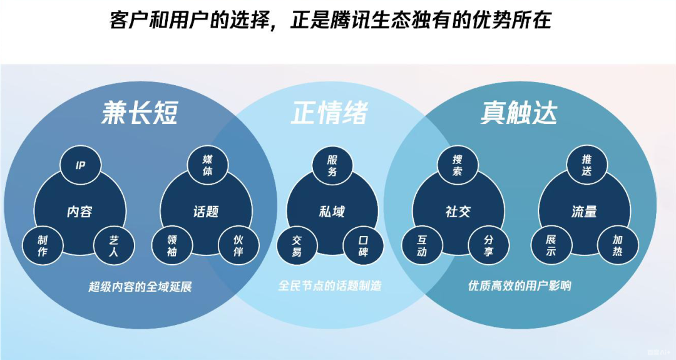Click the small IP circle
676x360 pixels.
pos(80,165)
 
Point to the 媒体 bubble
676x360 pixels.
pos(207,165)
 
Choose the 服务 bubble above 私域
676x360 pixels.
pos(332,165)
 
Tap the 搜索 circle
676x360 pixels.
pos(458,165)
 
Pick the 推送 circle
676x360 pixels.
pos(586,165)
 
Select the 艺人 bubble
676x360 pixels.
pos(113,245)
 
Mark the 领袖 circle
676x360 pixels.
pos(173,245)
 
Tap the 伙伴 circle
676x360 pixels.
pos(238,245)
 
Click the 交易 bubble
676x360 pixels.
pos(297,245)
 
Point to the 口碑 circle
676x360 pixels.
pos(363,245)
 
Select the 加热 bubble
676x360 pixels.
pos(617,245)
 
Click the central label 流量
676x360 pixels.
pos(584,212)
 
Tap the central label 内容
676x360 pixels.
pos(79,212)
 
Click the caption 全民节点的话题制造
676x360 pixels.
pos(330,286)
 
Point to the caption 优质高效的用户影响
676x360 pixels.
pos(520,286)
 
